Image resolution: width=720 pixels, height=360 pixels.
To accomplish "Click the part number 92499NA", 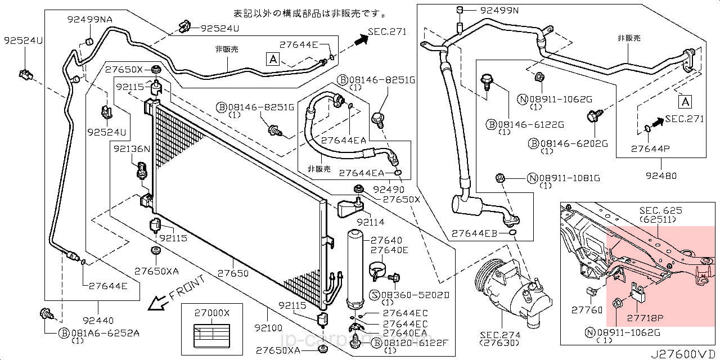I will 89,19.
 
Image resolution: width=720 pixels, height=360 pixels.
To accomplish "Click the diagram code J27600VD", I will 683,354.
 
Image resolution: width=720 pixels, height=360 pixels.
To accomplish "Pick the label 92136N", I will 131,149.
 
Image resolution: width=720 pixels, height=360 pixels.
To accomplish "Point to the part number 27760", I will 586,310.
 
